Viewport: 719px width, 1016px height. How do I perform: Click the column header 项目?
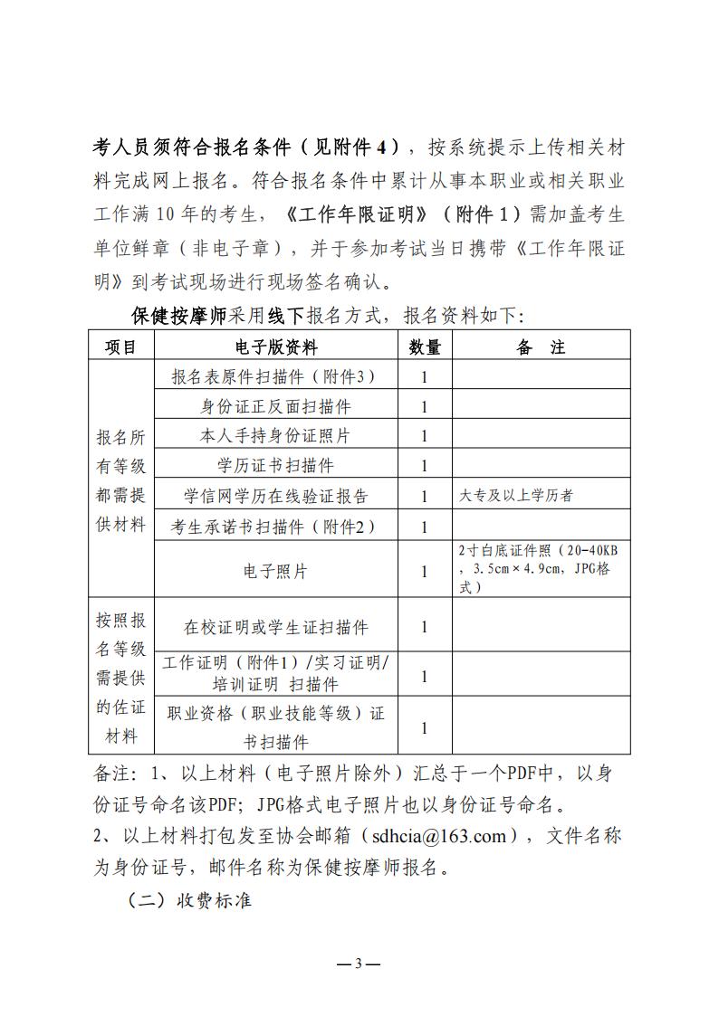tap(121, 347)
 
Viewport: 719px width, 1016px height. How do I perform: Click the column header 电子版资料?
tap(276, 347)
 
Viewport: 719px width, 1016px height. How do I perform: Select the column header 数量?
tap(425, 347)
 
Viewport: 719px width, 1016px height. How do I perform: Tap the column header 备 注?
tap(541, 347)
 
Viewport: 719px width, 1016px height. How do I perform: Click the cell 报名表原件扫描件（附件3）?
tap(276, 376)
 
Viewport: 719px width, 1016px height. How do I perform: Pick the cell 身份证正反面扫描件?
tap(276, 406)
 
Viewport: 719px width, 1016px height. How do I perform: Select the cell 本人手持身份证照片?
tap(276, 436)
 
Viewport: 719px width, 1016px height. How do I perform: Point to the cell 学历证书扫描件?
tap(276, 466)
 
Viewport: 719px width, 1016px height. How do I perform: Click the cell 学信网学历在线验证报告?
tap(276, 496)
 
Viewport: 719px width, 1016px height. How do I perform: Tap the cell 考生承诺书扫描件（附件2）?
tap(276, 526)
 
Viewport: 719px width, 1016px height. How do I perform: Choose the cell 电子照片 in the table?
tap(276, 571)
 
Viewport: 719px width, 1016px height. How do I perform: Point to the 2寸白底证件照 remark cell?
tap(540, 569)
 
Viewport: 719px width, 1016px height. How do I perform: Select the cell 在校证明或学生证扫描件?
tap(276, 627)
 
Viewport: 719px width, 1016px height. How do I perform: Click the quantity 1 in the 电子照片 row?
tap(424, 571)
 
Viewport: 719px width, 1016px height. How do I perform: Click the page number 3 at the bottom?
tap(359, 963)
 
